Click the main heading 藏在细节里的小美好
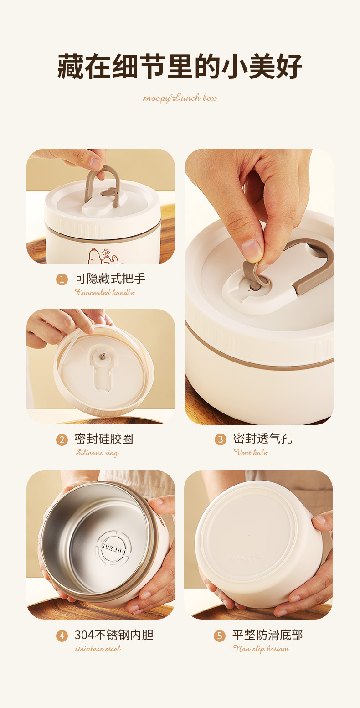coord(180,67)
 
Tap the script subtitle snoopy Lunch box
coord(180,98)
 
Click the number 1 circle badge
coord(62,279)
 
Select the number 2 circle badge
coord(62,439)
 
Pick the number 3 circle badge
coord(220,439)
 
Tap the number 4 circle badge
coord(62,636)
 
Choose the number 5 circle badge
coord(220,636)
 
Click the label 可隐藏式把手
coord(110,279)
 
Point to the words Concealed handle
coord(105,292)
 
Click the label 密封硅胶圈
coord(104,439)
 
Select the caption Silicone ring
coord(97,453)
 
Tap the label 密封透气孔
coord(262,439)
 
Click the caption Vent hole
coord(251,452)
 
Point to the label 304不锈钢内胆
coord(114,635)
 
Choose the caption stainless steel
coord(98,649)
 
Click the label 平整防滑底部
coord(267,635)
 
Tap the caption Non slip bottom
coord(261,649)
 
